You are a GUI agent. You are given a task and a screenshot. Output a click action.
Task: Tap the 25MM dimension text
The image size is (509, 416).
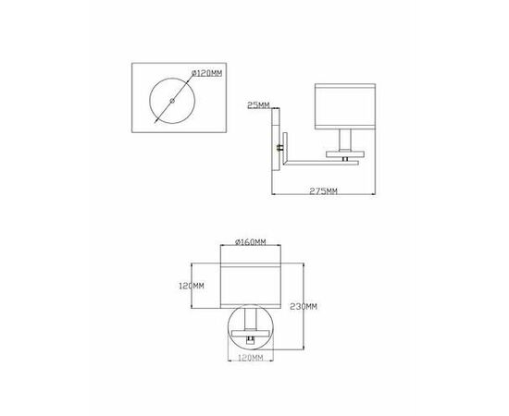[259, 105]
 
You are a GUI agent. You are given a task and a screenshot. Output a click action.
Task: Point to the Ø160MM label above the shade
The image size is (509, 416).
[251, 242]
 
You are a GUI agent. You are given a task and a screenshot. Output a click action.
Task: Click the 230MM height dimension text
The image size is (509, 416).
[304, 306]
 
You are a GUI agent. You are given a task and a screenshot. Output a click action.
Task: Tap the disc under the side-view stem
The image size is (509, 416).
[344, 153]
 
